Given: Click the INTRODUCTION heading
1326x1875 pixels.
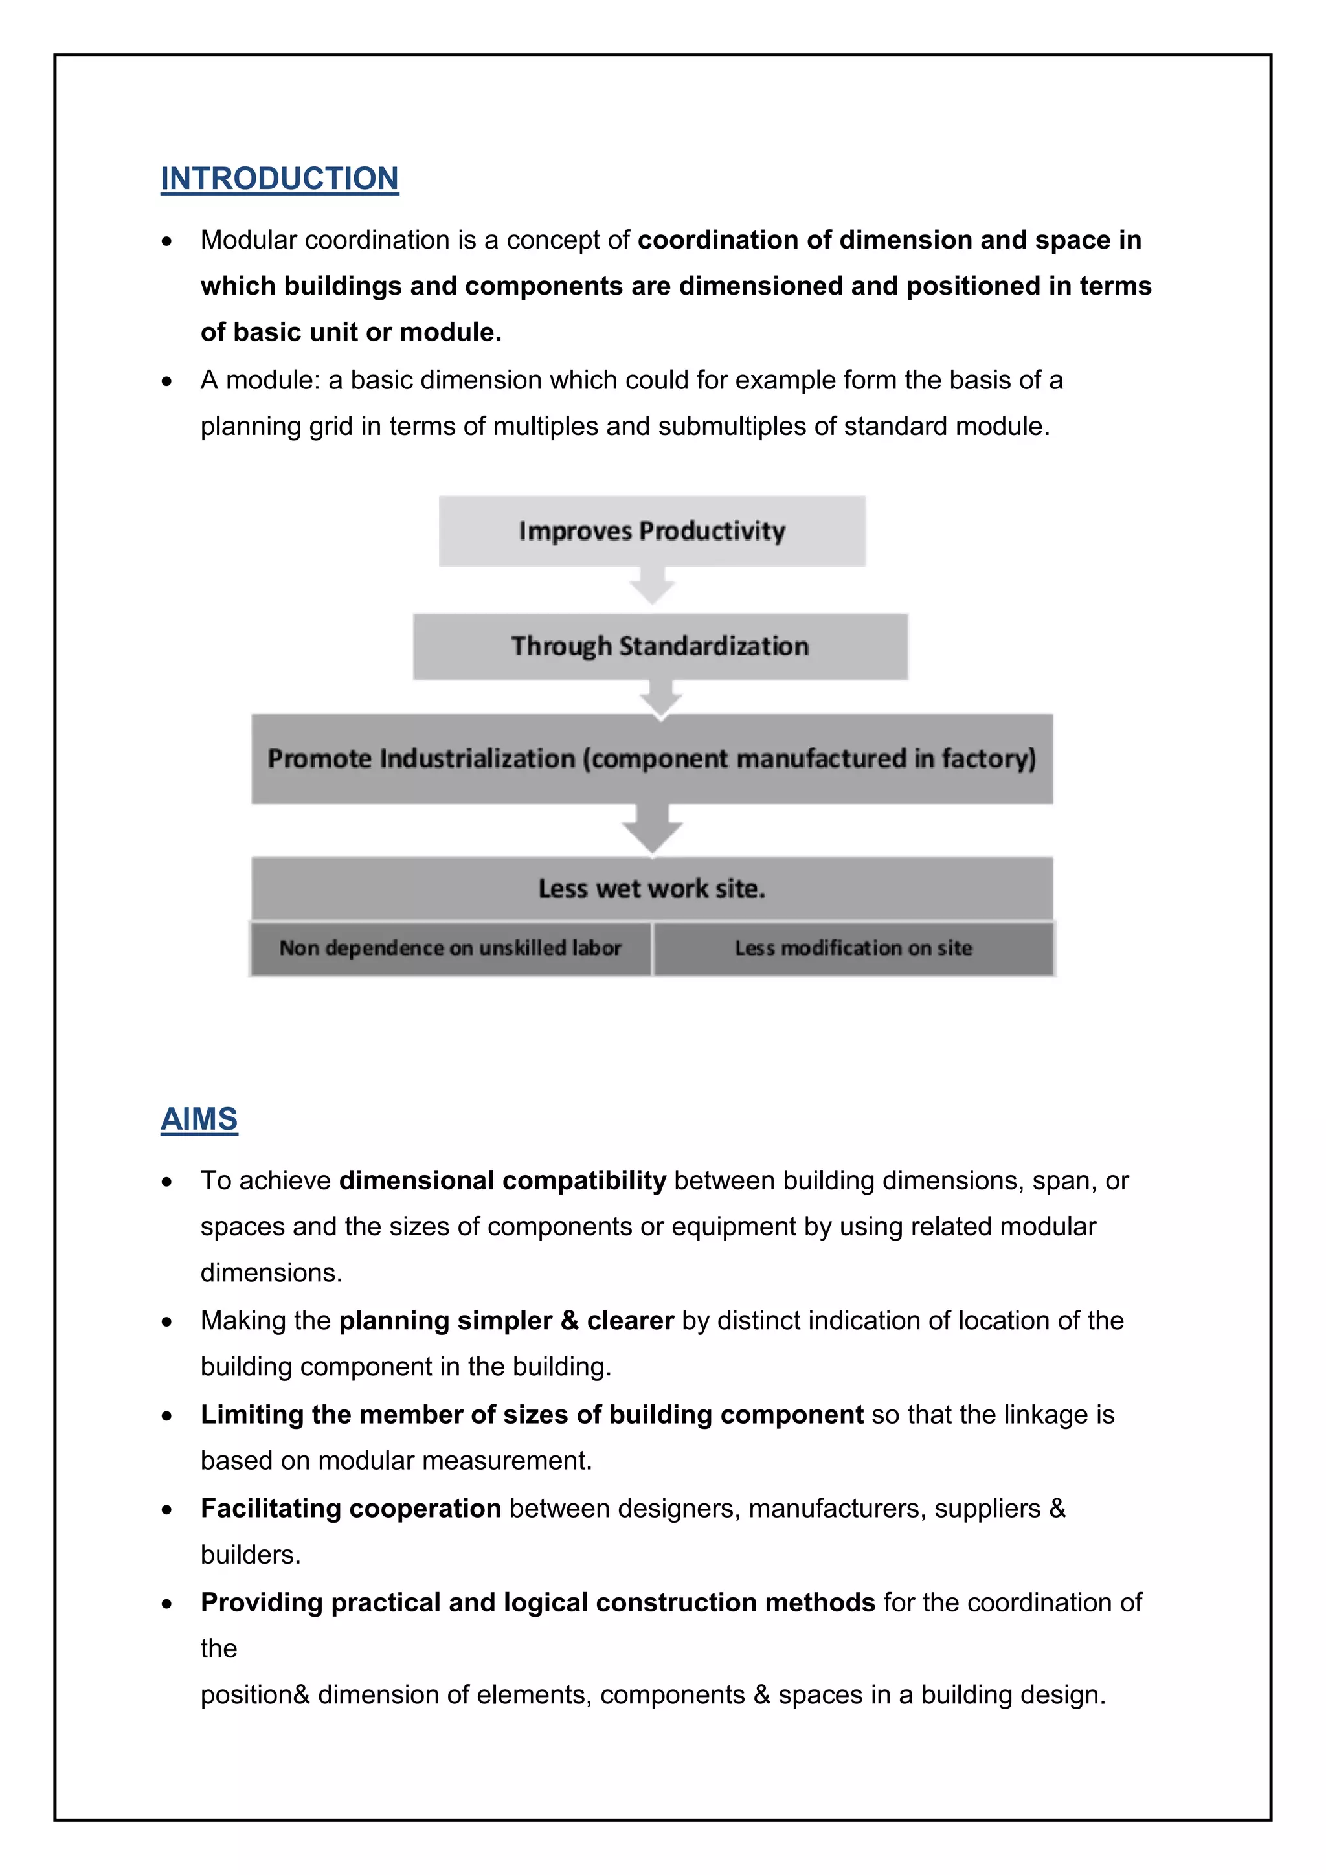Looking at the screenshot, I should click(x=279, y=179).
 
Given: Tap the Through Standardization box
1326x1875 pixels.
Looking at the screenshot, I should click(x=660, y=646).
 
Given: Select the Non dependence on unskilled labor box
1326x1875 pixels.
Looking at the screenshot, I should click(x=450, y=948).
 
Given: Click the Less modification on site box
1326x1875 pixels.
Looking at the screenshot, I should click(x=853, y=948).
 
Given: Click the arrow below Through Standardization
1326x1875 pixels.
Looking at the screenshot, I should click(x=660, y=698).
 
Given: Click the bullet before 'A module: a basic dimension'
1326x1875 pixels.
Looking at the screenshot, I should click(x=166, y=381).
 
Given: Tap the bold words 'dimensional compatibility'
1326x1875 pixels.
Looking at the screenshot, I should click(x=502, y=1181).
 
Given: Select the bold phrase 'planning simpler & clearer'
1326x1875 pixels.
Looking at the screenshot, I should click(x=506, y=1321).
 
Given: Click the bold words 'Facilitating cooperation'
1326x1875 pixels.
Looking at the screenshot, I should click(x=350, y=1509).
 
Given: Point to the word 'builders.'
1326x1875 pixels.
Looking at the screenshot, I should click(x=251, y=1555).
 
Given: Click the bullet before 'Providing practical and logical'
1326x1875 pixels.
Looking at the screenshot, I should click(x=166, y=1604).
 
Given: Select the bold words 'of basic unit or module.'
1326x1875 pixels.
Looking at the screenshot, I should click(x=351, y=332).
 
